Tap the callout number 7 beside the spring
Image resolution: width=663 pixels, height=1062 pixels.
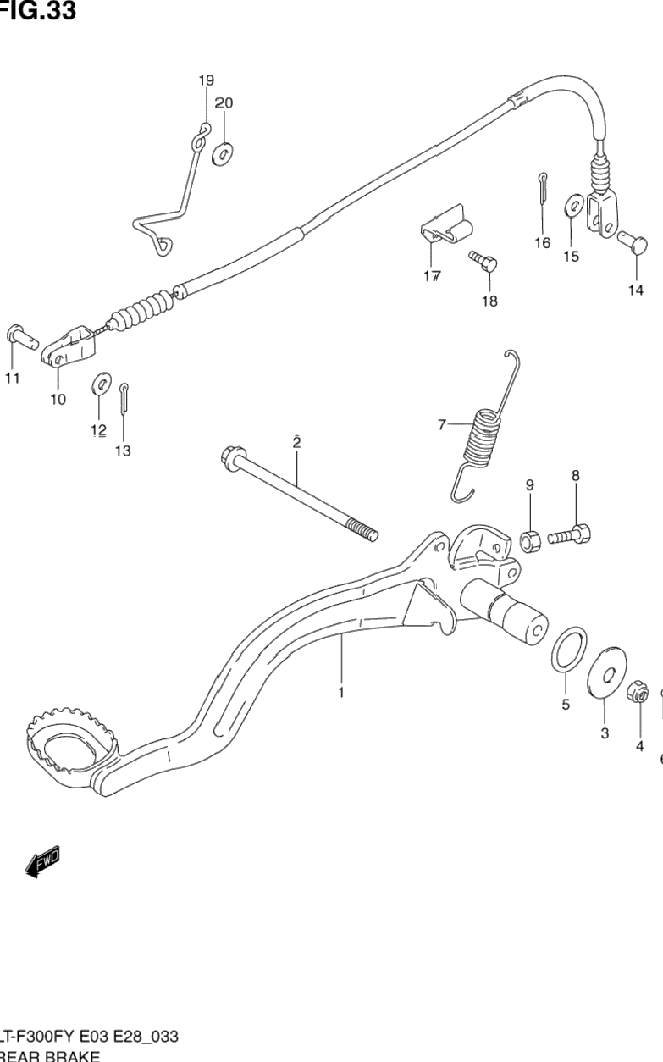pos(441,425)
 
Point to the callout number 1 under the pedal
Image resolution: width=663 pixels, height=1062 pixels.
pos(340,693)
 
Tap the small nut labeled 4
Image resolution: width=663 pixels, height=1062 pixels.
pos(639,696)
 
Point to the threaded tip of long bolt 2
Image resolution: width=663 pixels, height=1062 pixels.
pos(366,534)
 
